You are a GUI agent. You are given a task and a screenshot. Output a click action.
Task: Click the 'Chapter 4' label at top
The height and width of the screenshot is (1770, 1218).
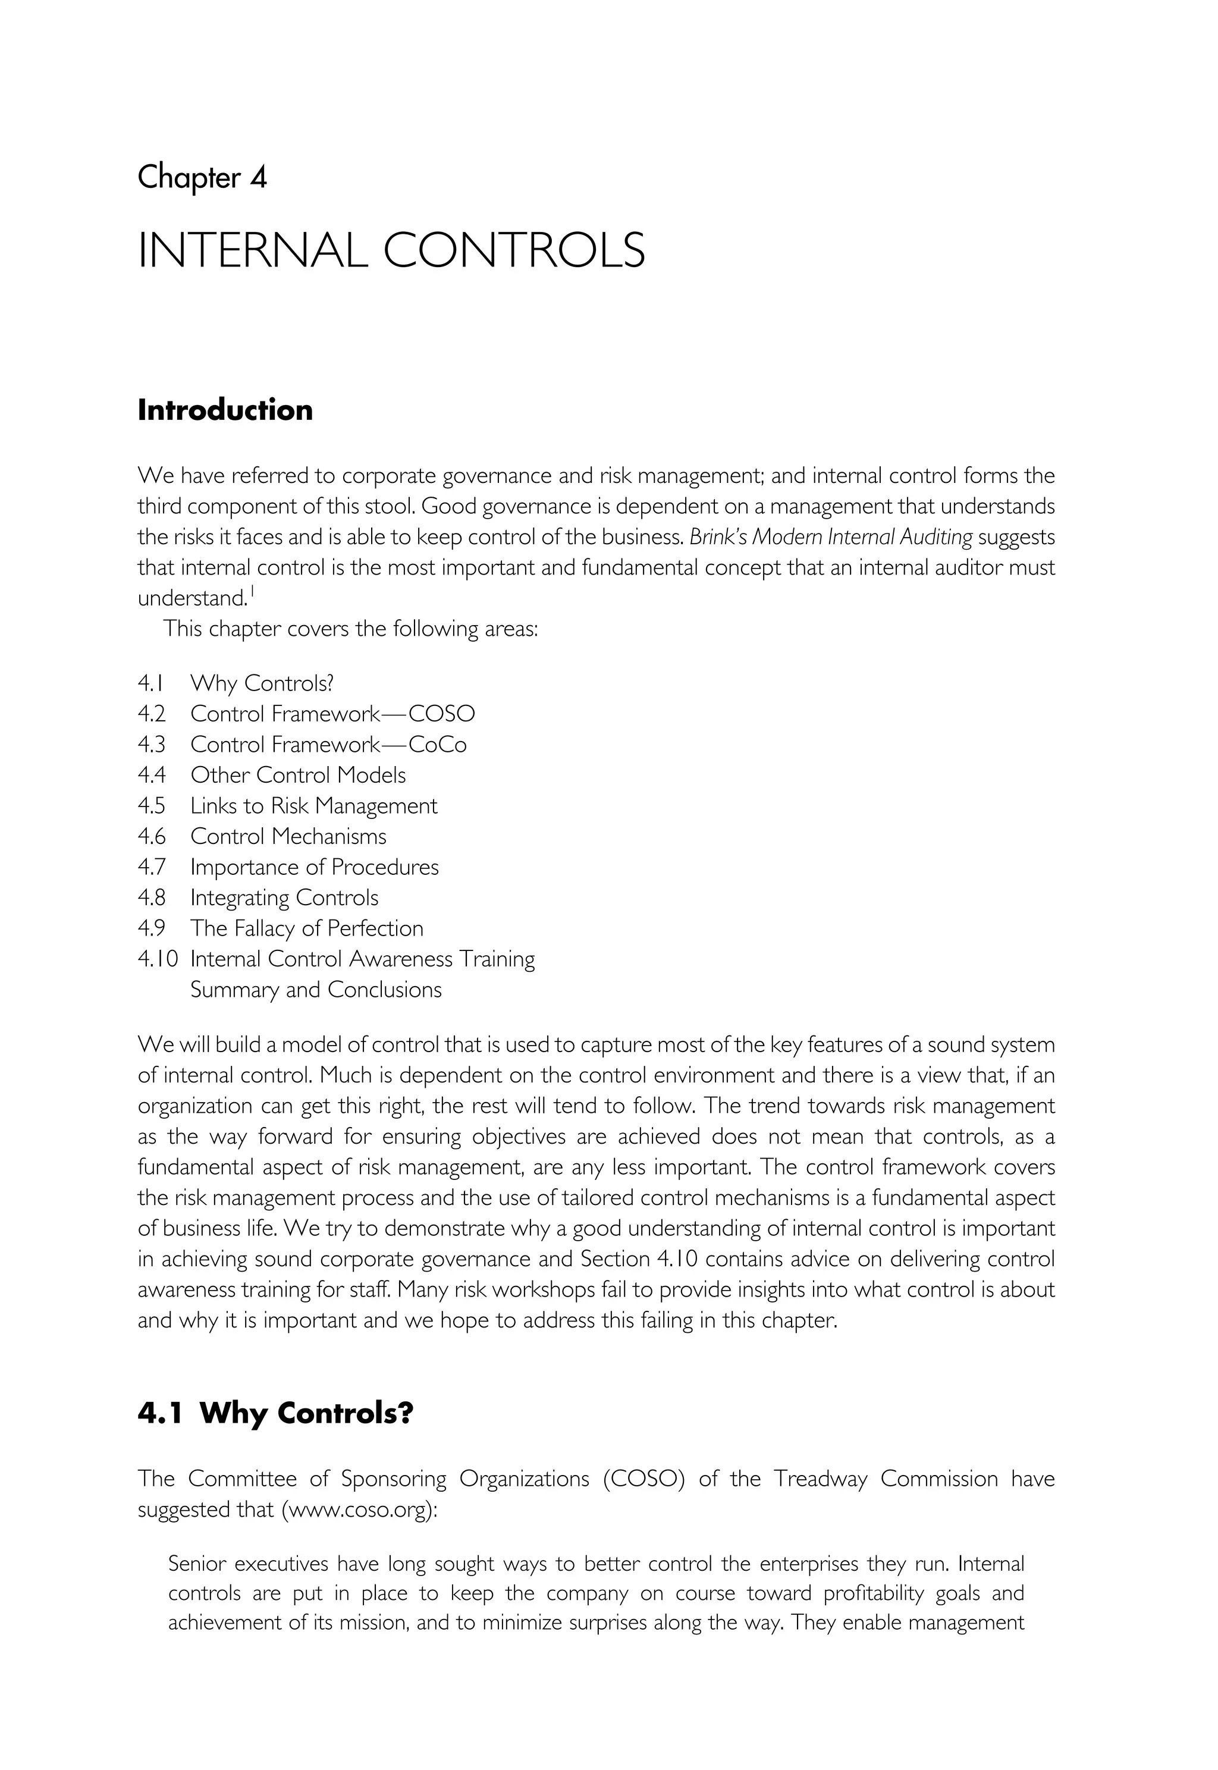(202, 178)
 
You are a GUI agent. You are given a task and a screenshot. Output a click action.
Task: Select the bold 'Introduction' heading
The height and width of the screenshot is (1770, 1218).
(225, 410)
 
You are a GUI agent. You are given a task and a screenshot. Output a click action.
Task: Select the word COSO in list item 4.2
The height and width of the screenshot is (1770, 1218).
(441, 714)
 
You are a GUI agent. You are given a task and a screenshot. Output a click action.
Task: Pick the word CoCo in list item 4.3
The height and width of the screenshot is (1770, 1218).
(437, 744)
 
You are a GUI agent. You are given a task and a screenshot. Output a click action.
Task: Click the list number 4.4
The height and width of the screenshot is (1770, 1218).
(151, 775)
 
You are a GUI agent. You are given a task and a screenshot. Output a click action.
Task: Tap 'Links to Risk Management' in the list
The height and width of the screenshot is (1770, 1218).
(313, 806)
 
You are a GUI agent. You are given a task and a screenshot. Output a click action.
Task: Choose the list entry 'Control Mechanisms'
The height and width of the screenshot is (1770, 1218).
(288, 837)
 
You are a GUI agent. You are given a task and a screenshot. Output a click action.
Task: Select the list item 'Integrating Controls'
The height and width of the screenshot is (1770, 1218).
(284, 897)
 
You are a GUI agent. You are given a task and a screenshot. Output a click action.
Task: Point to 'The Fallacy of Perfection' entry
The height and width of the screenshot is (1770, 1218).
(306, 928)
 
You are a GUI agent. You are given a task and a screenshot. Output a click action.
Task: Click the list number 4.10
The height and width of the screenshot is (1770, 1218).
(157, 959)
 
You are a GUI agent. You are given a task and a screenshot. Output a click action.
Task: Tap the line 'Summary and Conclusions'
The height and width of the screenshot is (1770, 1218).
(315, 990)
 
